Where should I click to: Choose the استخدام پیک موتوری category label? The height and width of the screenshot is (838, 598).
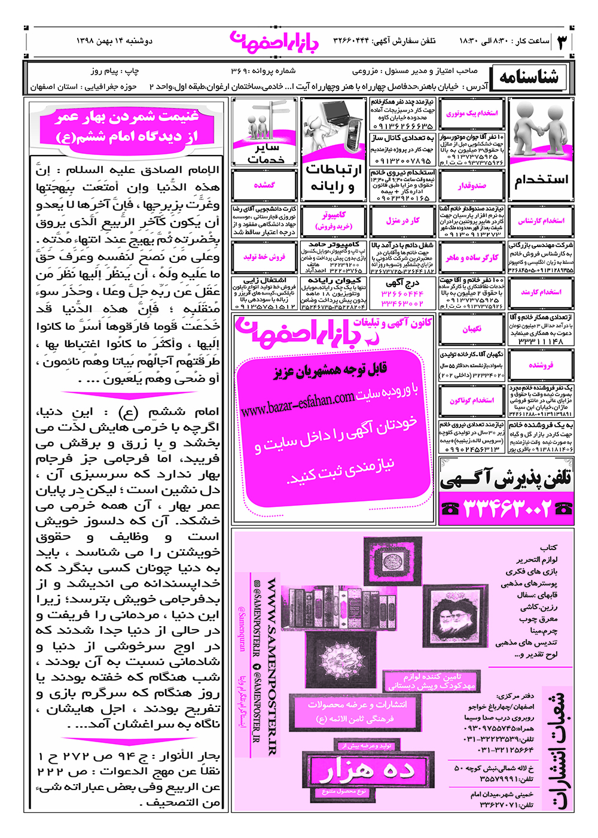coord(472,113)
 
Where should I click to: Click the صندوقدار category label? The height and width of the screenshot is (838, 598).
coord(472,186)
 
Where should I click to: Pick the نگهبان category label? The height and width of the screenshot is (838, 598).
coord(472,329)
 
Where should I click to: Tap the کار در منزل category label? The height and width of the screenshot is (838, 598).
coord(402,221)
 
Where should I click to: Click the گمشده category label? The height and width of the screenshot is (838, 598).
coord(264,186)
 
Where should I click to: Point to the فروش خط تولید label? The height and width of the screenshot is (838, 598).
coord(264,257)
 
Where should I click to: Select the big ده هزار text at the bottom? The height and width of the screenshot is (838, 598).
coord(366,770)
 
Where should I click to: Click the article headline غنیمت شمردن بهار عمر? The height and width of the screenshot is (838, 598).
coord(126,126)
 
